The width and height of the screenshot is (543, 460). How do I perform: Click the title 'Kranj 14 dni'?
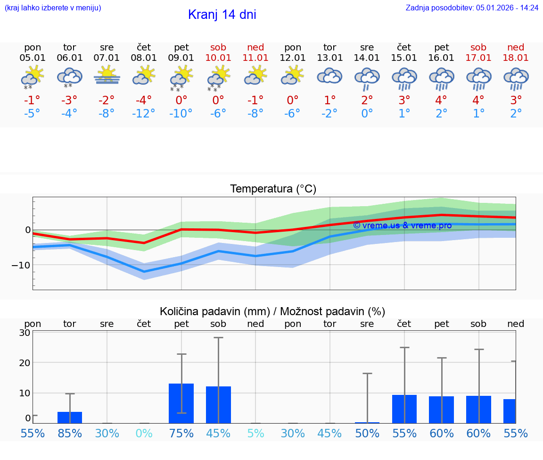click(x=222, y=15)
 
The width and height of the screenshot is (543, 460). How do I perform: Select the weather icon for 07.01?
click(x=107, y=75)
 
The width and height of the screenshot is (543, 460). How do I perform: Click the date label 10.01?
click(x=218, y=58)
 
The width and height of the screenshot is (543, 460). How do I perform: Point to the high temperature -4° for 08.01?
click(x=144, y=100)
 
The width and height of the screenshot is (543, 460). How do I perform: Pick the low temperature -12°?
click(x=144, y=114)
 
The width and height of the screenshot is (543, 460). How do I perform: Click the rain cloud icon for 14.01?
click(x=367, y=78)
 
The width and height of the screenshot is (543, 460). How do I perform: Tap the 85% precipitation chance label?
click(x=70, y=433)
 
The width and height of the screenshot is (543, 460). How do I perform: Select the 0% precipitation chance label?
click(x=144, y=433)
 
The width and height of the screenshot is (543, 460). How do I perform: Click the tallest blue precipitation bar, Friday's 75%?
click(x=181, y=403)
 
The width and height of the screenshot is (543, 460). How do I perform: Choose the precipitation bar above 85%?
click(x=70, y=418)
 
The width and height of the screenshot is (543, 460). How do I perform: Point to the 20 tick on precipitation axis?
click(x=25, y=362)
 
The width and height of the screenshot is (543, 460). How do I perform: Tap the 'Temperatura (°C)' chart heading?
click(x=273, y=189)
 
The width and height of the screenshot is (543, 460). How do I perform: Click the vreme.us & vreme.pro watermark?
click(x=402, y=226)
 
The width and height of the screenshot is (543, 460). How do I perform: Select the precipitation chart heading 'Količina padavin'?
click(x=272, y=311)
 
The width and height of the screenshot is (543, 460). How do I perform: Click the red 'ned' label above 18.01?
click(x=516, y=47)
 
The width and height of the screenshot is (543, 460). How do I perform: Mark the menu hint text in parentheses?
click(x=53, y=8)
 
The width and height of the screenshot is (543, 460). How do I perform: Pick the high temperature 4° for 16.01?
click(x=442, y=100)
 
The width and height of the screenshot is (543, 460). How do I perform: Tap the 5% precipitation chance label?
click(x=255, y=433)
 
